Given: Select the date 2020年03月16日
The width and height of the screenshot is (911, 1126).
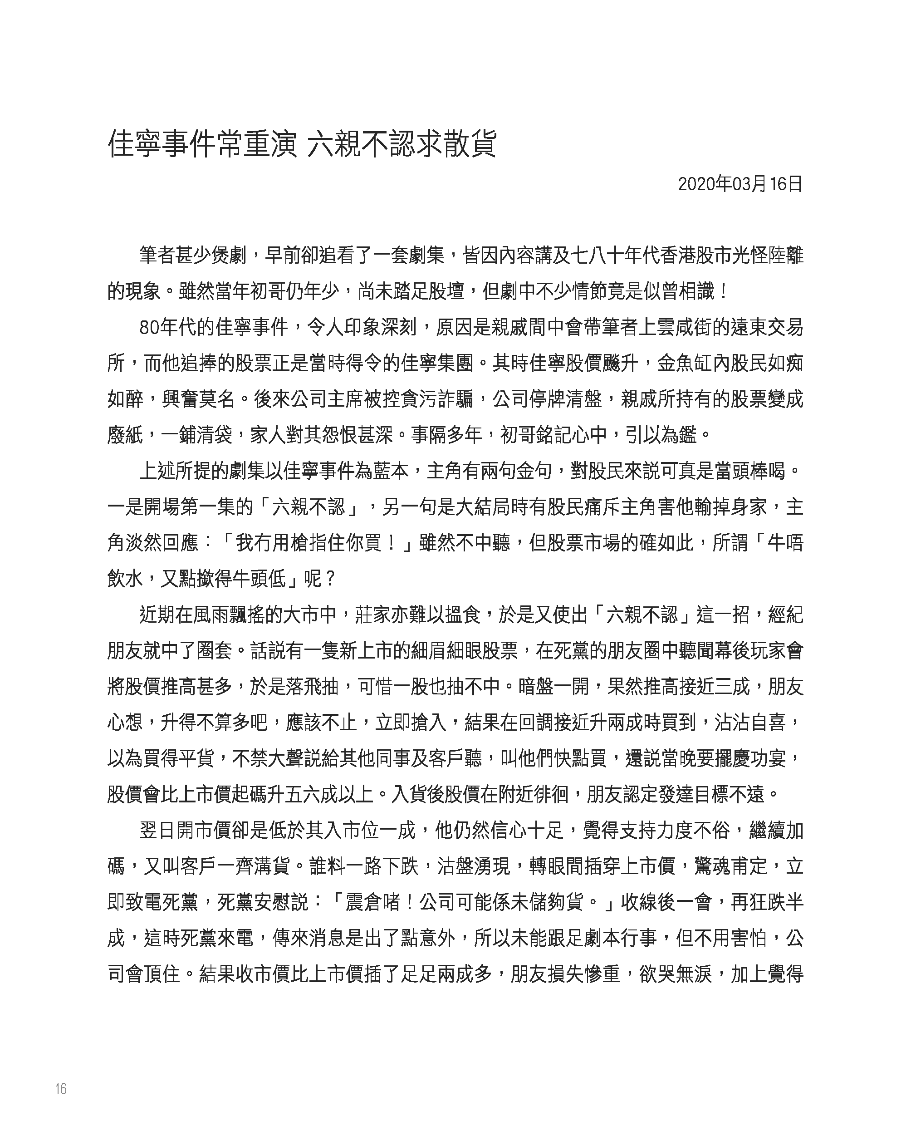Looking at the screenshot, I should click(x=740, y=184).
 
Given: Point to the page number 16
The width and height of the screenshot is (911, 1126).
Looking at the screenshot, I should click(x=61, y=1089).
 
